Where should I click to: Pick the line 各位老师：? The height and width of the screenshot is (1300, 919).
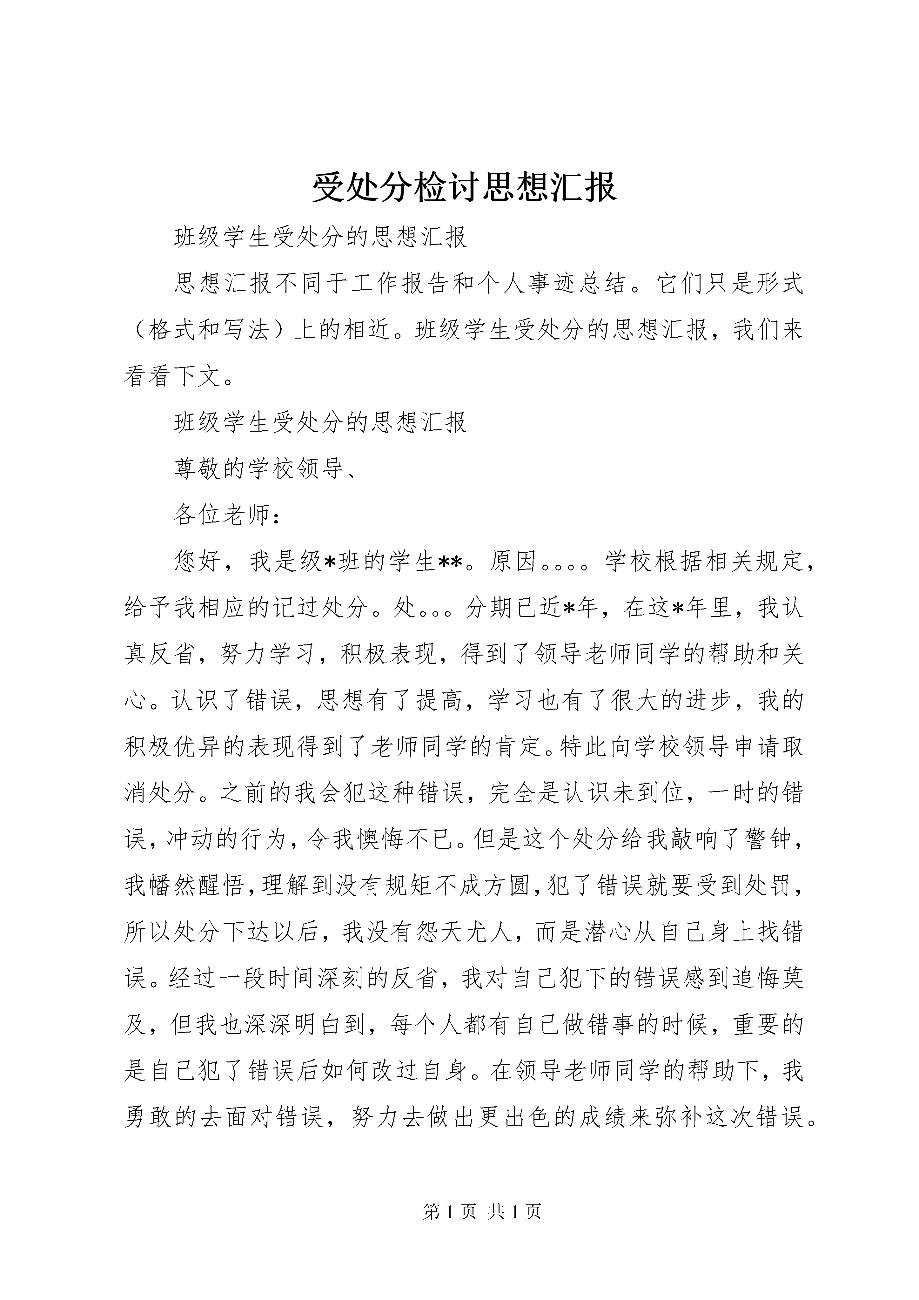click(x=226, y=515)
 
